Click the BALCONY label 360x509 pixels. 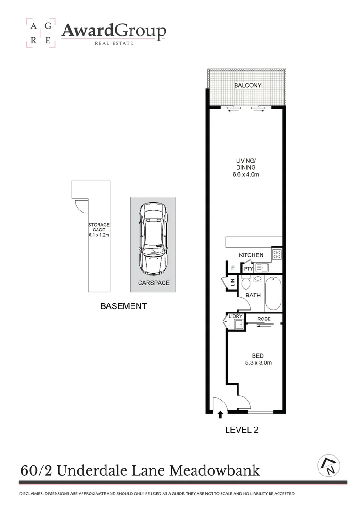coord(247,85)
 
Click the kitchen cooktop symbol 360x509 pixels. coord(277,255)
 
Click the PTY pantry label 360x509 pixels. coord(248,269)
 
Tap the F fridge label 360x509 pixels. coord(232,269)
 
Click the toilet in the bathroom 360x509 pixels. coord(245,284)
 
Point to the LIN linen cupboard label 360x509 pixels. coord(232,283)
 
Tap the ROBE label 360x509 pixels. coord(263,319)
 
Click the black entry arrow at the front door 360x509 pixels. coord(220,415)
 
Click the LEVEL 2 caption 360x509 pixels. coord(242,429)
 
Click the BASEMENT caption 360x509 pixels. coord(123,306)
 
